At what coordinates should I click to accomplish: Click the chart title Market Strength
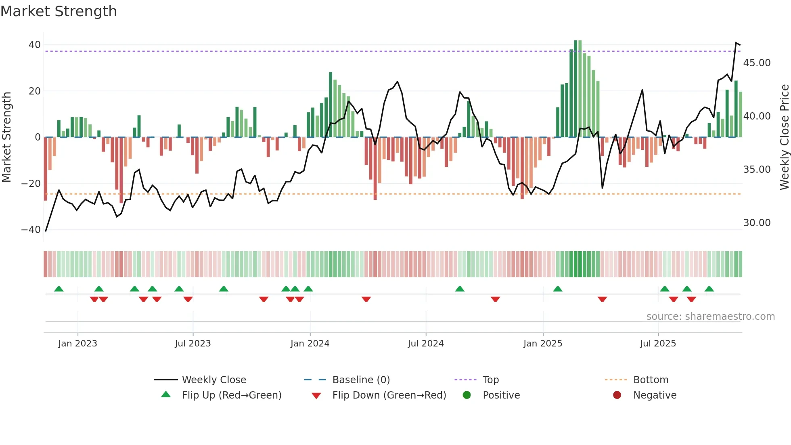pos(59,11)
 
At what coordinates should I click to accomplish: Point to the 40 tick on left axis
pos(35,45)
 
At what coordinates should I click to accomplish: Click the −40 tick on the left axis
pos(31,230)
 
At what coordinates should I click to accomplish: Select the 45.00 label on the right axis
pos(757,63)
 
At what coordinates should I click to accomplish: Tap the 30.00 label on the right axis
pos(757,223)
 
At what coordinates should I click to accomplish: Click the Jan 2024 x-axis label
pos(310,344)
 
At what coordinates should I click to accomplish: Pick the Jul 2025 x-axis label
pos(657,344)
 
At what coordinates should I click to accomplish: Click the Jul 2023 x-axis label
pos(193,344)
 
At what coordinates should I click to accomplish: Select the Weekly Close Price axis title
pos(784,137)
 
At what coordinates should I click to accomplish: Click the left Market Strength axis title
pos(6,137)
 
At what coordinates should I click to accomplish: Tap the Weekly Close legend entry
pos(213,380)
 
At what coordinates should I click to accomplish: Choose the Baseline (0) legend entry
pos(361,380)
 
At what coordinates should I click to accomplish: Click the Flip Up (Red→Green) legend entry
pos(231,395)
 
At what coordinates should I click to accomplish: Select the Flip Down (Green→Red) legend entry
pos(389,395)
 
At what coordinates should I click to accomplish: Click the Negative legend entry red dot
pos(617,395)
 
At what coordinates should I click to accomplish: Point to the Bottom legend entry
pos(651,380)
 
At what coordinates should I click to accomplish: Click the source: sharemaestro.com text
pos(710,317)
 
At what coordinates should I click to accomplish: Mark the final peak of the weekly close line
pos(736,43)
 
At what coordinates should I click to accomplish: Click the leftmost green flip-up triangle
pos(59,289)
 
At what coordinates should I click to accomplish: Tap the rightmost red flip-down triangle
pos(691,299)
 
